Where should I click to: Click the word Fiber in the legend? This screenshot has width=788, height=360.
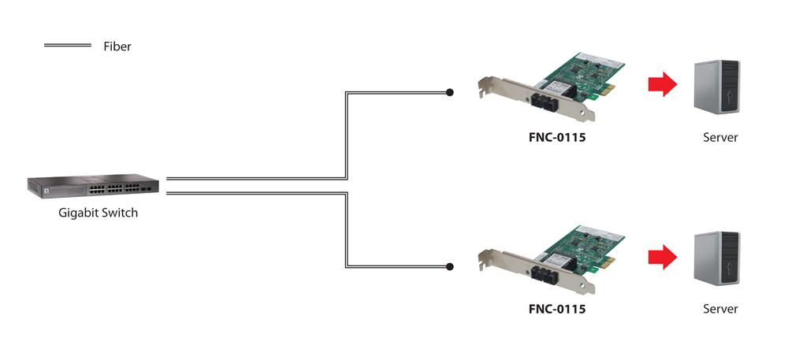[117, 46]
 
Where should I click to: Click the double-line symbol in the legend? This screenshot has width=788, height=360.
[67, 46]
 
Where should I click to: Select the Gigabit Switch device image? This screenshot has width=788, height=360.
[92, 186]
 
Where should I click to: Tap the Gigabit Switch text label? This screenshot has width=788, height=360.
[98, 213]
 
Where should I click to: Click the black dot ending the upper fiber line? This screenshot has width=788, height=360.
[450, 92]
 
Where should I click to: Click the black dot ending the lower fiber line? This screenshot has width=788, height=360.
[450, 267]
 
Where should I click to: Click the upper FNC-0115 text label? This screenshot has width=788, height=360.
[557, 137]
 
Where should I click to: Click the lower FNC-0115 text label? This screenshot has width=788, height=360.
[557, 309]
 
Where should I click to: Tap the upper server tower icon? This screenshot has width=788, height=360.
[716, 88]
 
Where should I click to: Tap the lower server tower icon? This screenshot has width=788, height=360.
[716, 260]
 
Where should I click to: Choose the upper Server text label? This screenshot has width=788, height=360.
[720, 137]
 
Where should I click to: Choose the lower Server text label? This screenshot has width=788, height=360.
[720, 309]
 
